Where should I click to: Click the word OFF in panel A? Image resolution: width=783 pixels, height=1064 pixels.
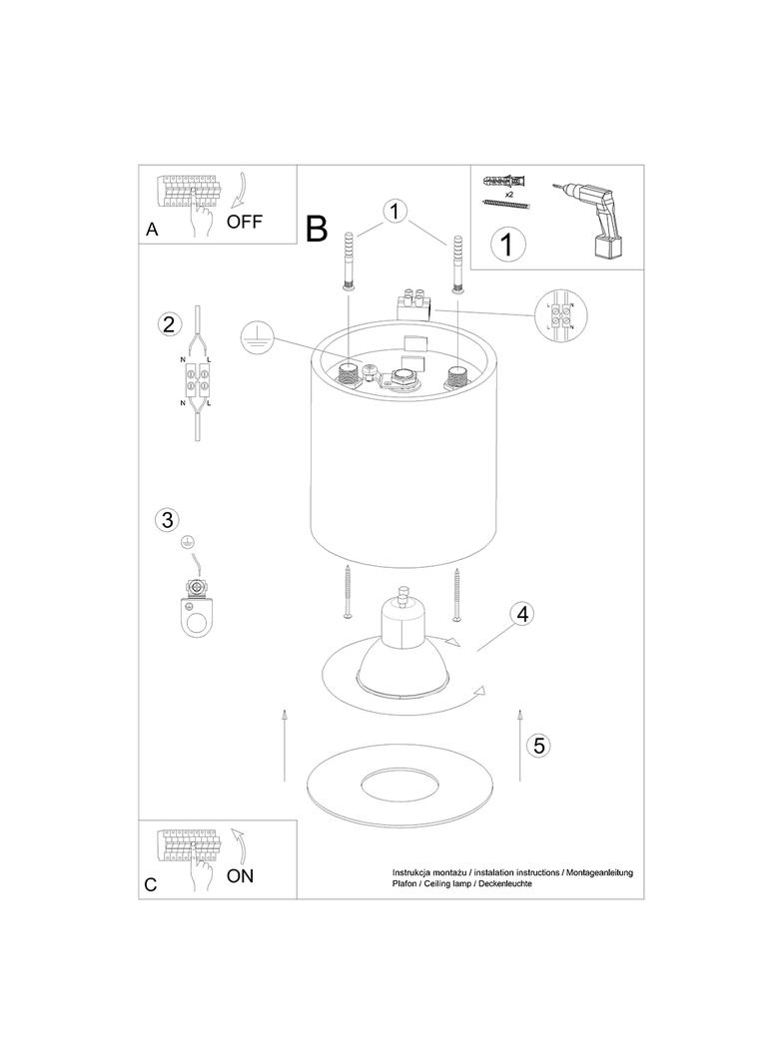click(x=244, y=222)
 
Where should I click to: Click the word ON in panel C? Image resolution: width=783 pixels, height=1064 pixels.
click(x=240, y=875)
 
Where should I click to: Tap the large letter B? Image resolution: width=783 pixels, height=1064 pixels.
click(x=317, y=229)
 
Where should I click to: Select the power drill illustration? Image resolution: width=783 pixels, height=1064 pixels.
click(x=593, y=220)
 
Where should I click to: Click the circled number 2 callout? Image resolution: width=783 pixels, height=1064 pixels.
click(x=169, y=323)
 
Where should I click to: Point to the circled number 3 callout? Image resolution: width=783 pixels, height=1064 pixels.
click(x=167, y=520)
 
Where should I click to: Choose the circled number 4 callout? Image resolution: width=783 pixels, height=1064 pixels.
click(x=521, y=614)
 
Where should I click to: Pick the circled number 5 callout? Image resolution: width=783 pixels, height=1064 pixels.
click(x=538, y=746)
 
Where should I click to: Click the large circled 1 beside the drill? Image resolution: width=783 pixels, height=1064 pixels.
click(x=506, y=245)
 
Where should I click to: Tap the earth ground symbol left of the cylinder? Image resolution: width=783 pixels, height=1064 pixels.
click(x=256, y=337)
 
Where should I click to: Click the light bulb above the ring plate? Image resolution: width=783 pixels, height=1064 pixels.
click(x=402, y=641)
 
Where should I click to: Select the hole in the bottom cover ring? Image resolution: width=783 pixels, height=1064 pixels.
click(x=398, y=787)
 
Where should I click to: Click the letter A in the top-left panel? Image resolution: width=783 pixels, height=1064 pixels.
click(x=152, y=230)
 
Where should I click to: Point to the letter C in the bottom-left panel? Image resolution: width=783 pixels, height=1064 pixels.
click(x=151, y=885)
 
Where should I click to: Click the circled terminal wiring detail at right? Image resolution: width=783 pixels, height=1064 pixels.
click(x=560, y=314)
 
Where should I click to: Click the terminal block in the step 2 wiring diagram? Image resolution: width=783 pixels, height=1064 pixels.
click(x=196, y=381)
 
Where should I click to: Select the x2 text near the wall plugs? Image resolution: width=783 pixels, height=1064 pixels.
click(x=508, y=194)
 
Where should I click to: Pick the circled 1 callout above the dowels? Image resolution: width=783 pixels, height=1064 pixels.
click(x=394, y=211)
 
